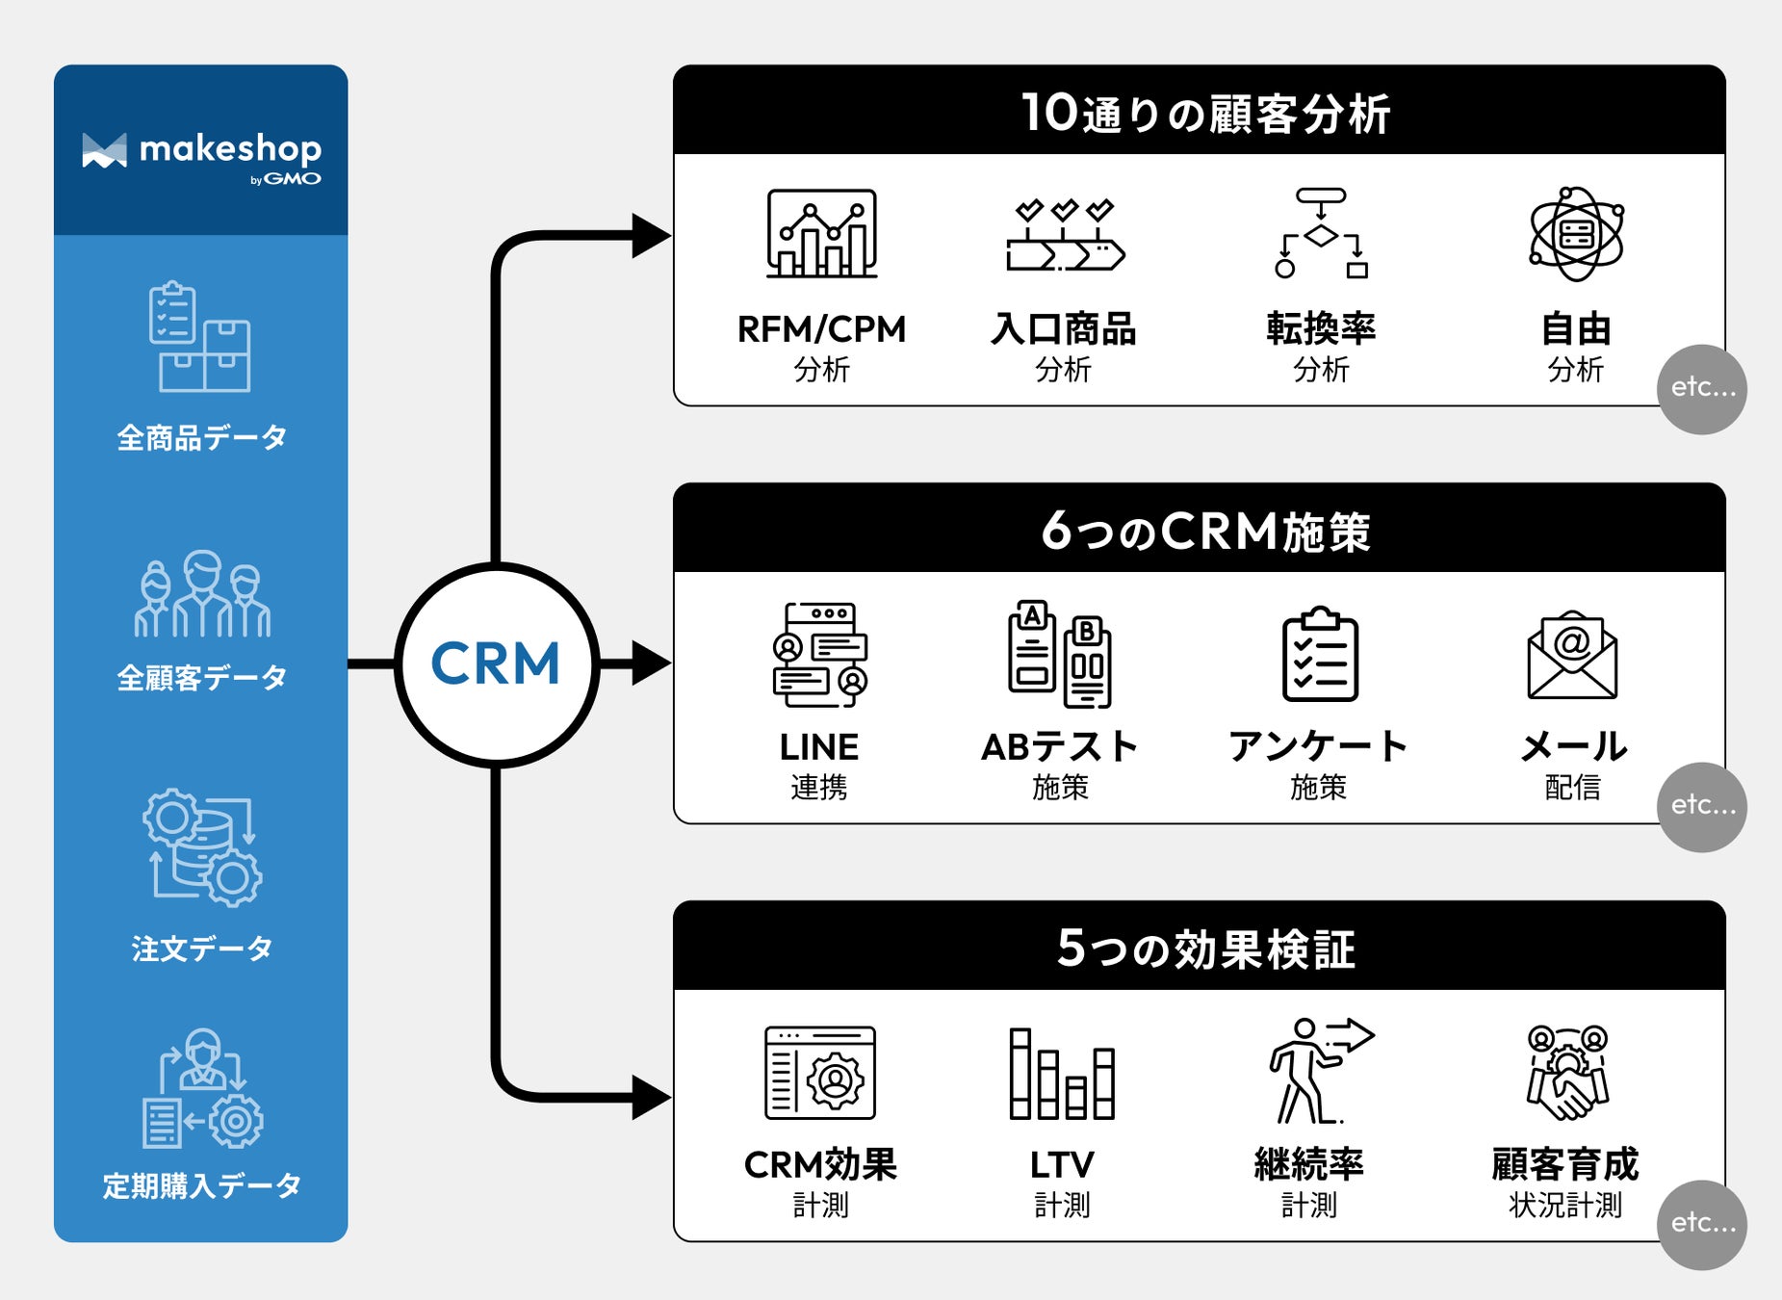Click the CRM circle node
pos(496,664)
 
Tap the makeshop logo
pos(201,154)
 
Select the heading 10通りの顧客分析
pos(1204,113)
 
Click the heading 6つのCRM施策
pos(1204,531)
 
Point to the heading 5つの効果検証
pos(1204,949)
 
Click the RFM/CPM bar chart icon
pos(821,234)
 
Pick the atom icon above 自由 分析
pos(1576,234)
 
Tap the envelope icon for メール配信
pos(1572,655)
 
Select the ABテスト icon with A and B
pos(1060,655)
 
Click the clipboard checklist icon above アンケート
pos(1320,655)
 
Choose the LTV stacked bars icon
pos(1062,1073)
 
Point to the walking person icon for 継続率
pos(1314,1071)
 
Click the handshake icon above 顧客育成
pos(1566,1073)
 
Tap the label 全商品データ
pos(201,438)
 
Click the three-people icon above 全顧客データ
pos(202,594)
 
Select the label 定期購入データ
pos(201,1185)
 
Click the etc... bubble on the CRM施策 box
pos(1702,806)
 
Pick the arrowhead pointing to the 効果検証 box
pos(652,1098)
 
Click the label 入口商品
pos(1063,329)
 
